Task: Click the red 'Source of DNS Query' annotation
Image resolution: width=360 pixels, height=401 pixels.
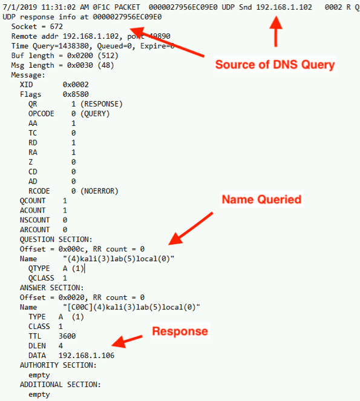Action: [275, 64]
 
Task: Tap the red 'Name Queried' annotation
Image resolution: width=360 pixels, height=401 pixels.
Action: [261, 199]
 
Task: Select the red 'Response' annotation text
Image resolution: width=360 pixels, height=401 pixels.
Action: [180, 331]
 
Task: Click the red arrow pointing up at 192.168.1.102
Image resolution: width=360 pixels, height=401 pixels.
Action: [276, 31]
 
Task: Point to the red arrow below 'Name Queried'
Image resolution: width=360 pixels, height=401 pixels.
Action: [191, 228]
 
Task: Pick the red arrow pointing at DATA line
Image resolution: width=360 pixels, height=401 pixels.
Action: [127, 342]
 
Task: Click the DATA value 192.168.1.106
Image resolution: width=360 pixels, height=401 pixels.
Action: [87, 356]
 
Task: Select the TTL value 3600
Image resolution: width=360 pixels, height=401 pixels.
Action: [67, 336]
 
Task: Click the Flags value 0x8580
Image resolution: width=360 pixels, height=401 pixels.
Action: [76, 94]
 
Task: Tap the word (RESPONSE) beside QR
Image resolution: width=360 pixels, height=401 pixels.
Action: [102, 104]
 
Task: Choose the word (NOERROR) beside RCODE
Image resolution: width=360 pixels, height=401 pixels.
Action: [99, 191]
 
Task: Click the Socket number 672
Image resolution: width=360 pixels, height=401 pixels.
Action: [56, 27]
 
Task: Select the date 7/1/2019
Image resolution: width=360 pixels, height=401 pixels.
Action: [20, 7]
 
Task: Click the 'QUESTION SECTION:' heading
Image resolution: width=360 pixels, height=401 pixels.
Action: [56, 239]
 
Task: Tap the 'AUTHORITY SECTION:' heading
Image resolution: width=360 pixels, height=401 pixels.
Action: [58, 365]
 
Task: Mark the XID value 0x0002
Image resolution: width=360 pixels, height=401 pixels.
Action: [76, 85]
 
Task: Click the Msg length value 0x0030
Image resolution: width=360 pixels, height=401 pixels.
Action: [80, 65]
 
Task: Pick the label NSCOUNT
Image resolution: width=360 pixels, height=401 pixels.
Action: [34, 220]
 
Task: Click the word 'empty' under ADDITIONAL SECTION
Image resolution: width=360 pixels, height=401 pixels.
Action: [39, 394]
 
